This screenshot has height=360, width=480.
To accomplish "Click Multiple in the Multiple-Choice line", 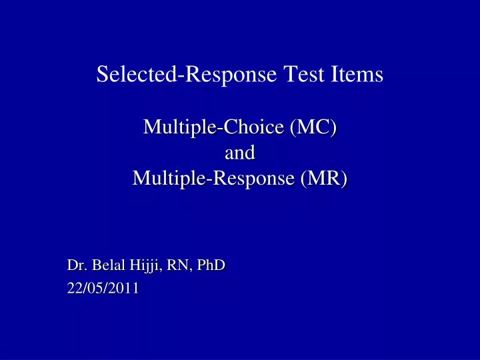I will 175,126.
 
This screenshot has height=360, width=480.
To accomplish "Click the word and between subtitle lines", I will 240,153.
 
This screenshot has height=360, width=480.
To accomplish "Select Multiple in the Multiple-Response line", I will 164,179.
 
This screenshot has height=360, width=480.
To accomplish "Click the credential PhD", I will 212,265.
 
